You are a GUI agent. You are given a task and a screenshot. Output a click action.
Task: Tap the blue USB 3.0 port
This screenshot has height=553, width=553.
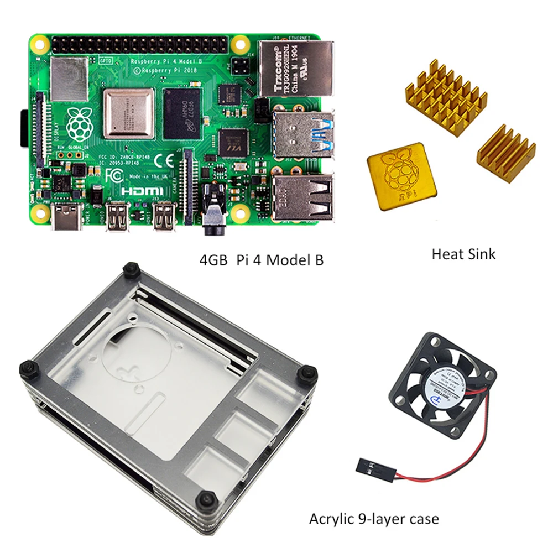click(x=303, y=135)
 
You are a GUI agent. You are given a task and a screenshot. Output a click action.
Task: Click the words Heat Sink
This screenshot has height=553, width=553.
click(x=463, y=254)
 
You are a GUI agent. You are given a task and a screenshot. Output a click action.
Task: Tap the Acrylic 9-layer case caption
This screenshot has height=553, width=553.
click(x=374, y=519)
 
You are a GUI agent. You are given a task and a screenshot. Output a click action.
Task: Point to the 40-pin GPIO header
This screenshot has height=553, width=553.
click(x=142, y=43)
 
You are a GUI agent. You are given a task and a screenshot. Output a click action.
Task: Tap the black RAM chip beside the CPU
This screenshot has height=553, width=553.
click(x=182, y=113)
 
